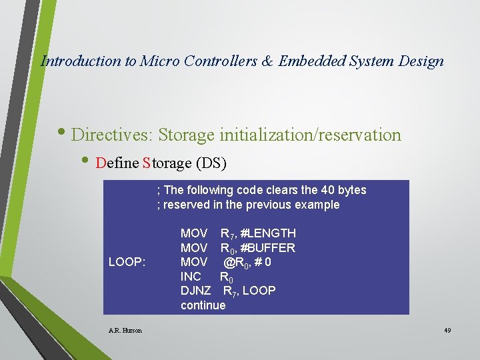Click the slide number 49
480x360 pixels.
point(447,330)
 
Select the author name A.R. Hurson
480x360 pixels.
point(125,330)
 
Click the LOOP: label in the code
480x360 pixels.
point(127,262)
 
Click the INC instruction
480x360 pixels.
point(191,276)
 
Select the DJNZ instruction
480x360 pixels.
point(195,291)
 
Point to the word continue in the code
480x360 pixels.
point(203,305)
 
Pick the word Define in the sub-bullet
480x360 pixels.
point(117,163)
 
